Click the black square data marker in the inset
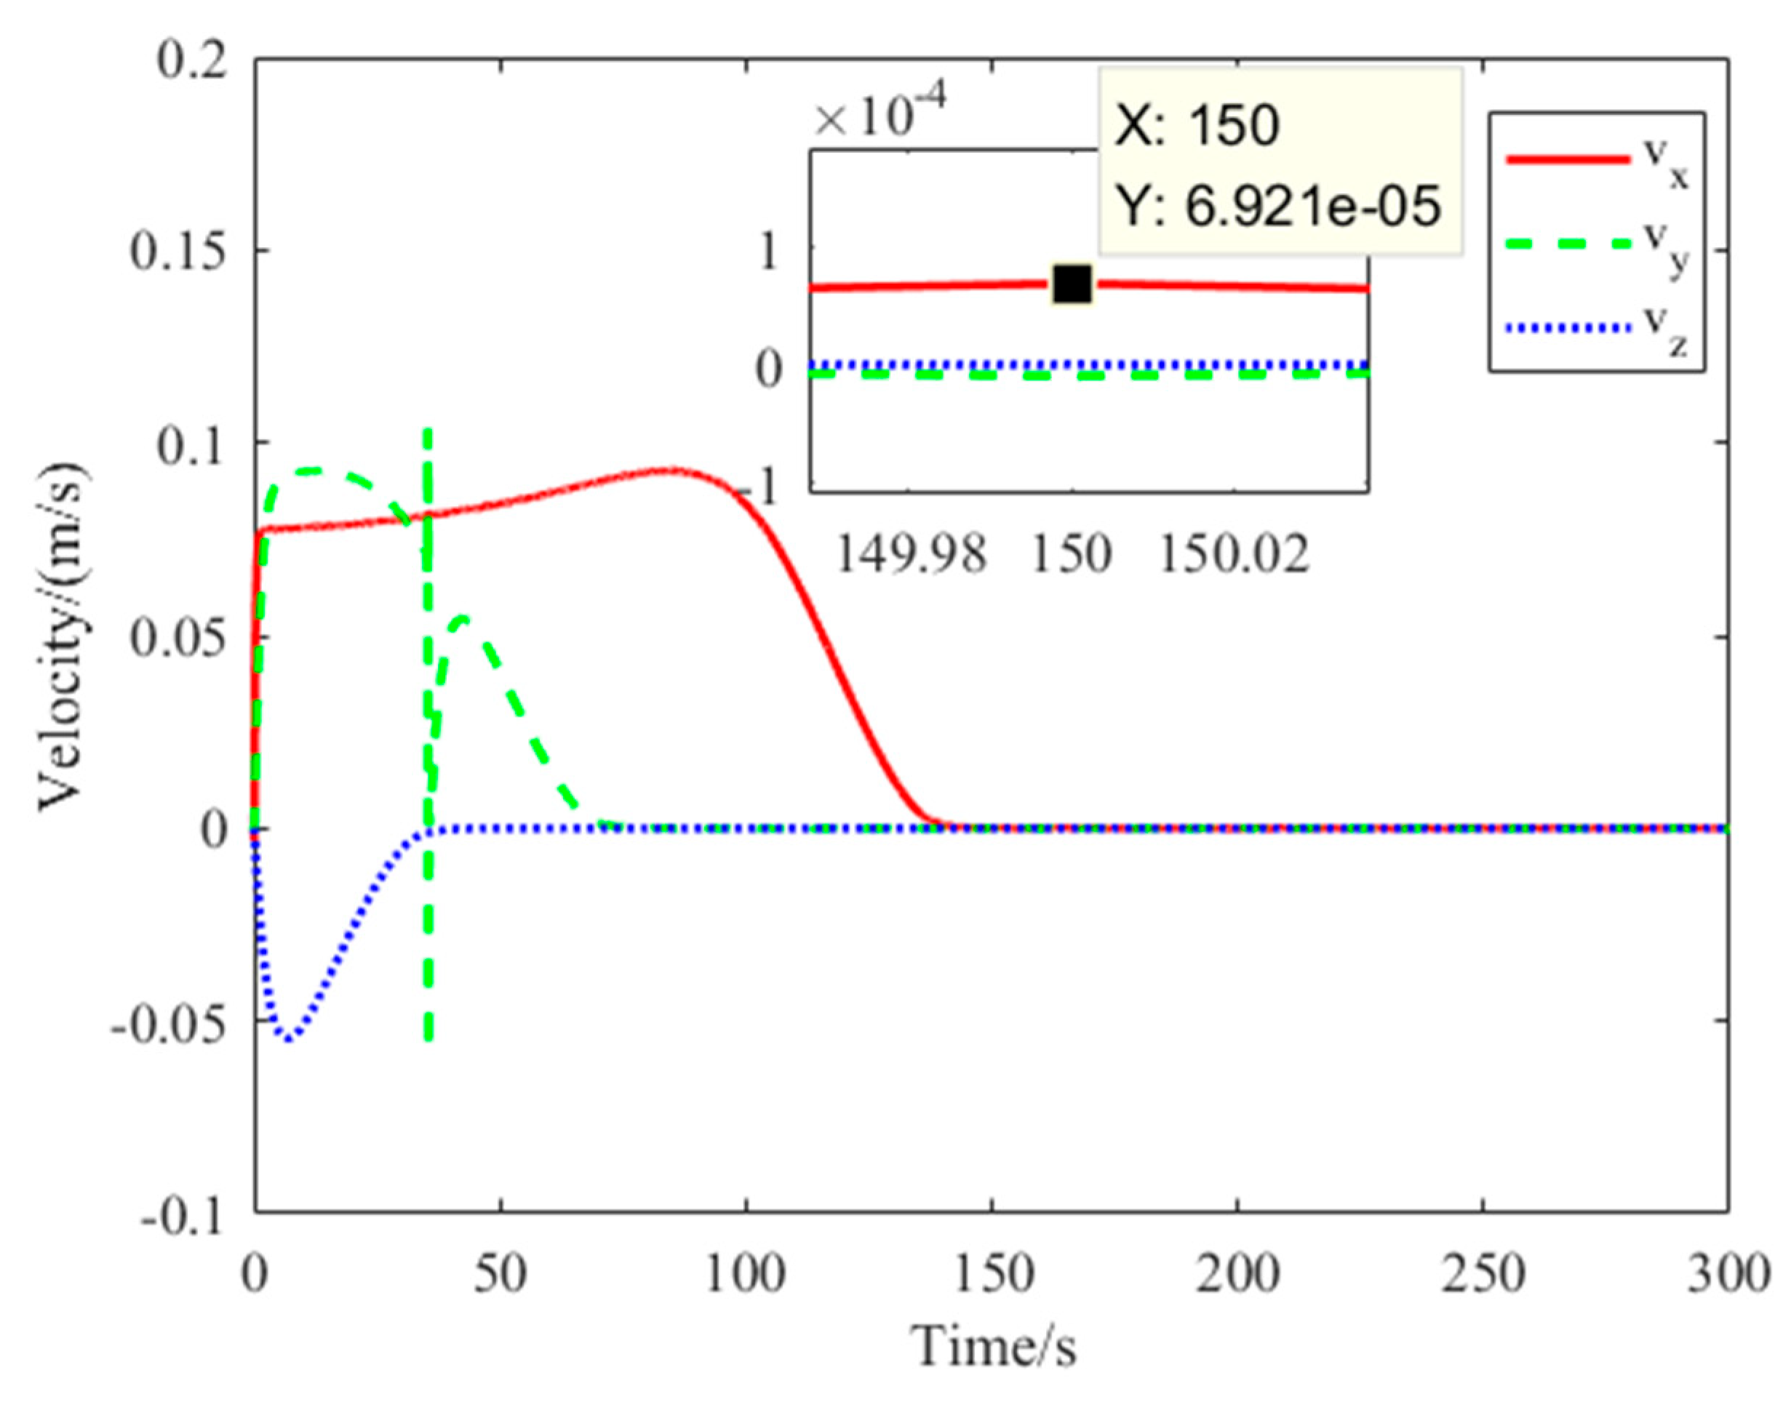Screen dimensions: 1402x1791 click(x=1072, y=284)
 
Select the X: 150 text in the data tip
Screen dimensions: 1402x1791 click(x=1197, y=127)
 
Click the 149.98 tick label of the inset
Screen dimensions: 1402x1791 click(x=910, y=555)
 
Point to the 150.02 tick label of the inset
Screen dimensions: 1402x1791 click(x=1234, y=555)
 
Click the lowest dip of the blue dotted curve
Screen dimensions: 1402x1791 click(x=289, y=1039)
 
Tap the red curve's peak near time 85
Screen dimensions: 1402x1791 click(x=671, y=470)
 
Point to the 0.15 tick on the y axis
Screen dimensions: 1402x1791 click(x=179, y=252)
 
